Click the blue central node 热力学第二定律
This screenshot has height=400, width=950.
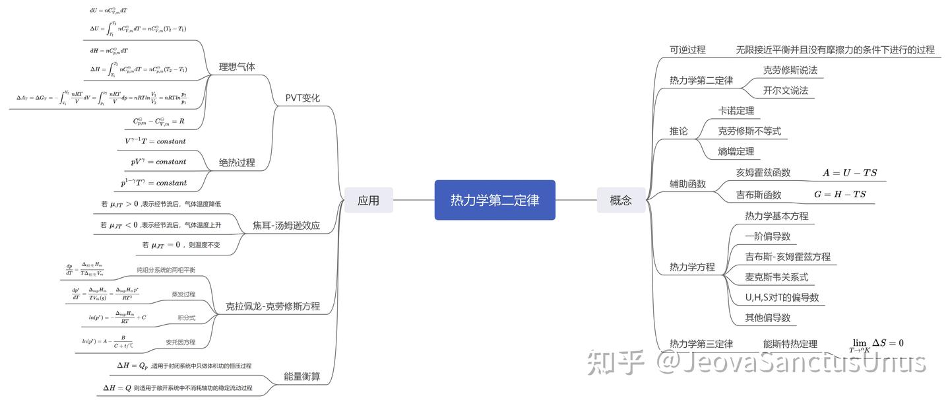pyautogui.click(x=495, y=200)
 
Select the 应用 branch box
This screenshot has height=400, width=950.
pyautogui.click(x=368, y=200)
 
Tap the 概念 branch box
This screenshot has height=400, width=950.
pyautogui.click(x=621, y=200)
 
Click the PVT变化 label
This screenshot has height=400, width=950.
pyautogui.click(x=303, y=98)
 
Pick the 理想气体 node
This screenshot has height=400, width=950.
pyautogui.click(x=237, y=67)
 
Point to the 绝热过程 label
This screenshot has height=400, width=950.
pyautogui.click(x=237, y=162)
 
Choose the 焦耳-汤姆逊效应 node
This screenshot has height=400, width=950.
pyautogui.click(x=286, y=225)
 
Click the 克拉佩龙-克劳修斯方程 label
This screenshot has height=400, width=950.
pyautogui.click(x=272, y=306)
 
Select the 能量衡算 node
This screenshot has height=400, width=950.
pyautogui.click(x=302, y=376)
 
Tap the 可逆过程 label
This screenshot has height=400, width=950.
pyautogui.click(x=687, y=50)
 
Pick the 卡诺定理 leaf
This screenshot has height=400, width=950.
pyautogui.click(x=736, y=111)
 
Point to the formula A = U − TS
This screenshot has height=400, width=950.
pyautogui.click(x=850, y=173)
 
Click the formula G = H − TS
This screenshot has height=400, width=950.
pyautogui.click(x=840, y=194)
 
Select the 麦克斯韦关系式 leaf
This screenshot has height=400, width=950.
pyautogui.click(x=776, y=277)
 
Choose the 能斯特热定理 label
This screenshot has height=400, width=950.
pyautogui.click(x=790, y=343)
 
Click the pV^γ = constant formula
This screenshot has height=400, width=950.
pyautogui.click(x=158, y=162)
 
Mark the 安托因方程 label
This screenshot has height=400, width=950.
pyautogui.click(x=180, y=342)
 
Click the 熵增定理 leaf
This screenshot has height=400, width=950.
pyautogui.click(x=736, y=152)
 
